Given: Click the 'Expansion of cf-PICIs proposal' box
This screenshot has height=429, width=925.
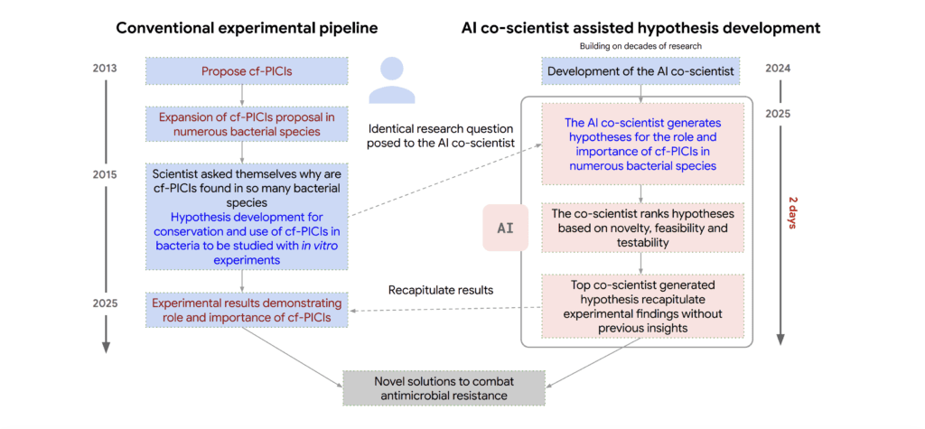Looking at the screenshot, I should pos(243,124).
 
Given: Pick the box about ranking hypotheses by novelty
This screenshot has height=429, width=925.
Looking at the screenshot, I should pos(642,228).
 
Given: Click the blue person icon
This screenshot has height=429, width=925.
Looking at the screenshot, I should pos(391,81).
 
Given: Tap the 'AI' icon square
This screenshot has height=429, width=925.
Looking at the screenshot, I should pos(505,228).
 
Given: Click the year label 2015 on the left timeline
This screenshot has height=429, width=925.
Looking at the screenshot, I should pos(106,173).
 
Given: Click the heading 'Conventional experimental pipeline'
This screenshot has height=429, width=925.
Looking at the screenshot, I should pos(247,28).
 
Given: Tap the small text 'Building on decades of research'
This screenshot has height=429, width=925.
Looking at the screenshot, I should pos(642,45).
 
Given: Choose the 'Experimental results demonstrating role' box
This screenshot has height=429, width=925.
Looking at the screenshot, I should pos(243,310).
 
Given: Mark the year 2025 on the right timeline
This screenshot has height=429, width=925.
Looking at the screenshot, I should pos(780,115).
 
